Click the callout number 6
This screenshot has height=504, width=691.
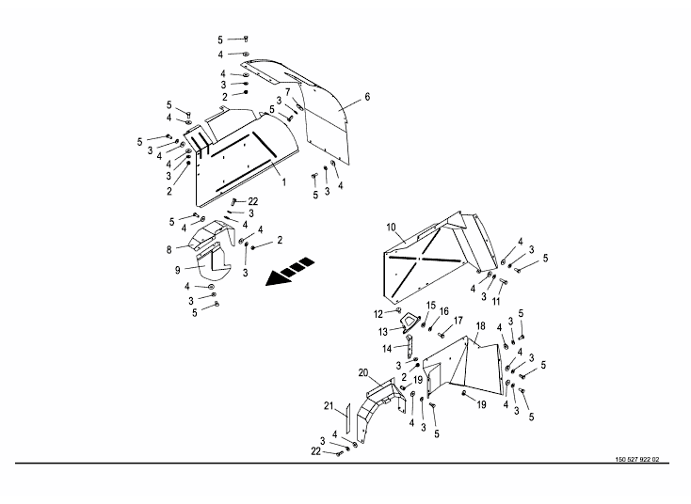368,97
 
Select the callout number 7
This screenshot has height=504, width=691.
288,91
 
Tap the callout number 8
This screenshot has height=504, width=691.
169,249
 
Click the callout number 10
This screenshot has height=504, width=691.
392,227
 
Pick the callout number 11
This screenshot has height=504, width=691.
496,302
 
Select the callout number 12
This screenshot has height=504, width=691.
378,312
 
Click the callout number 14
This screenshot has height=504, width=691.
387,348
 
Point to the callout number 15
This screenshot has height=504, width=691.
430,306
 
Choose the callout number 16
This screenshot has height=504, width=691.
444,311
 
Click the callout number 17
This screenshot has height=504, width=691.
458,320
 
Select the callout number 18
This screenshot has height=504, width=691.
479,326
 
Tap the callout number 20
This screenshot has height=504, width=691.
362,372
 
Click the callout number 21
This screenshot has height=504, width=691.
329,405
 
